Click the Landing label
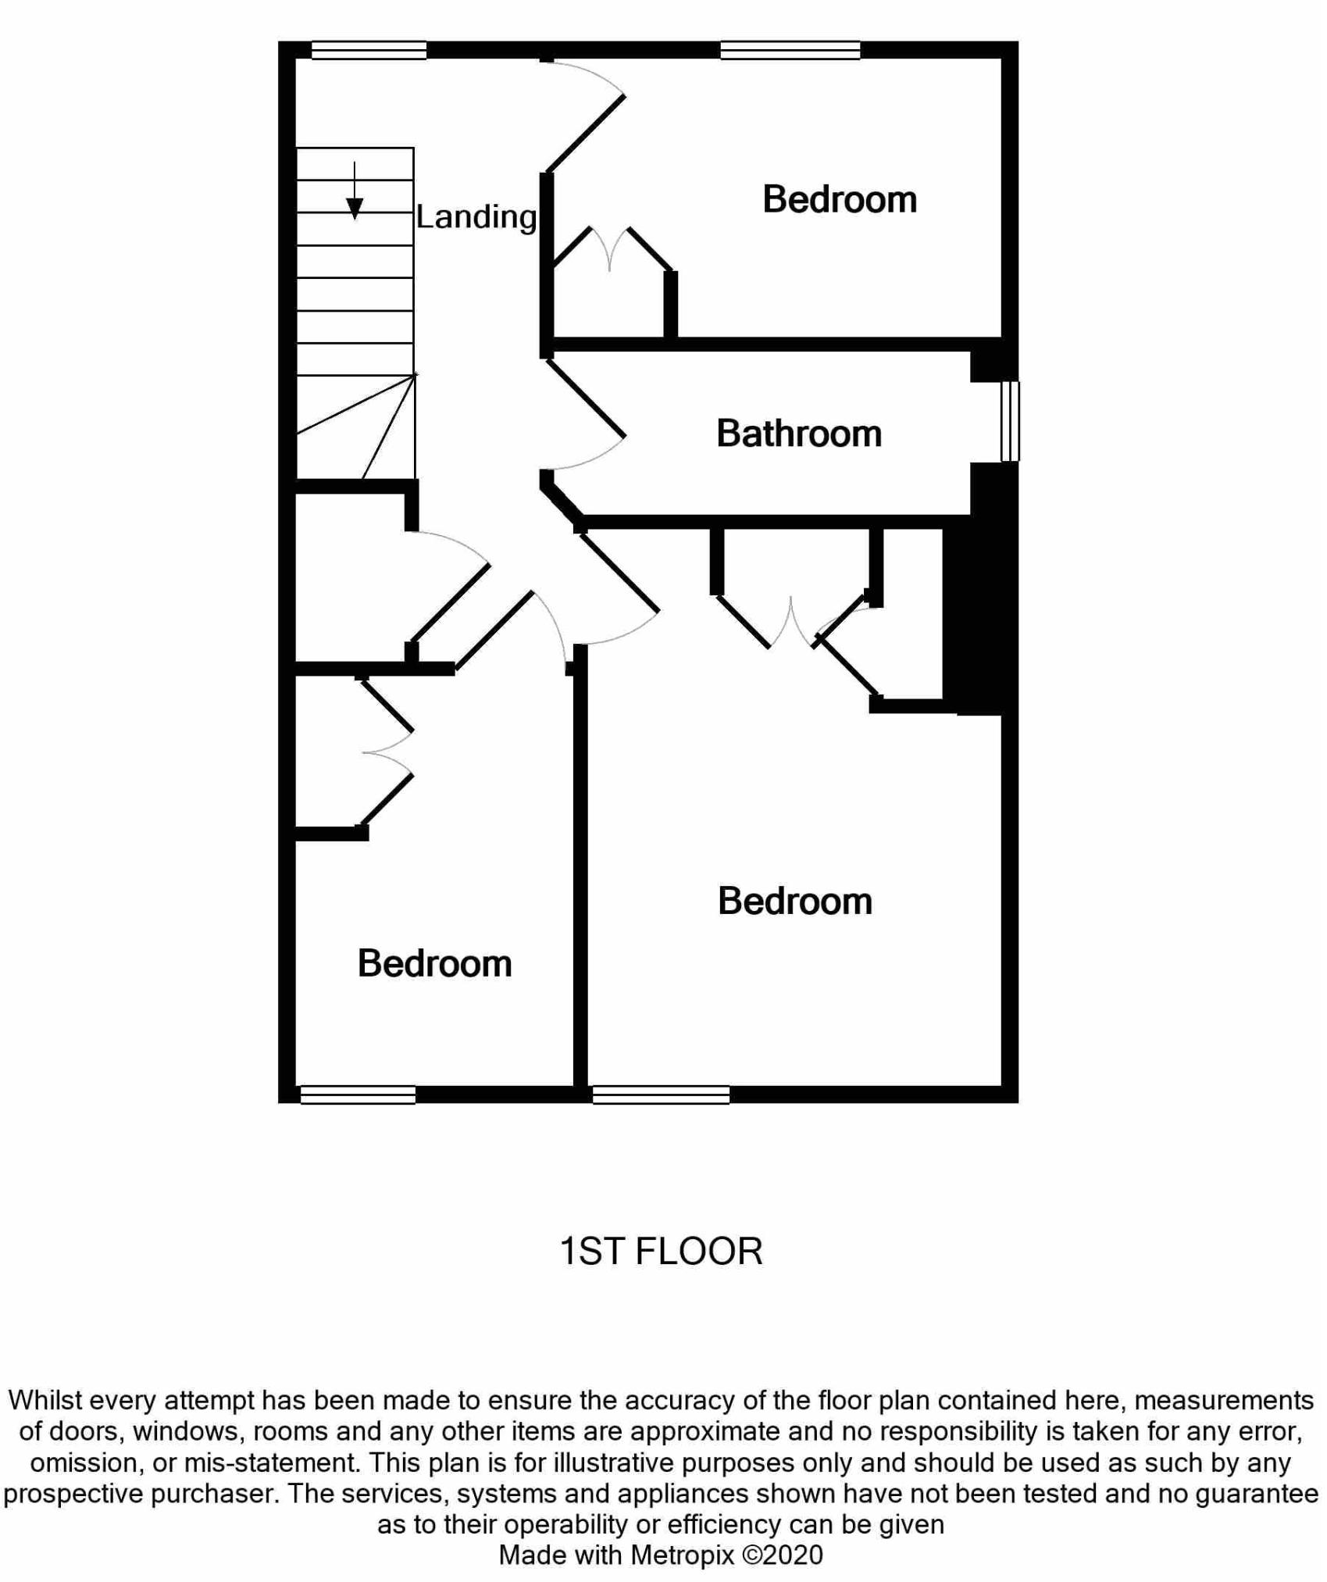[476, 217]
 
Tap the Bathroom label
[799, 434]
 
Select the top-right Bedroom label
[840, 199]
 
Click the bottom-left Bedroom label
[434, 963]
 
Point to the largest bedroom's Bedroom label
[795, 902]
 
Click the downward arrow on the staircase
[355, 191]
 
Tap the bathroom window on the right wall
[1010, 421]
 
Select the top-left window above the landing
[369, 50]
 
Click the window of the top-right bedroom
[790, 50]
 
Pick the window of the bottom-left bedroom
[358, 1095]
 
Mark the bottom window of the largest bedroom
[661, 1095]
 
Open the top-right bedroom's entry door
[586, 133]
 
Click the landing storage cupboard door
[450, 602]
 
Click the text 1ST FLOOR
[661, 1251]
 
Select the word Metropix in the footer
[682, 1555]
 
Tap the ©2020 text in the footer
[782, 1555]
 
